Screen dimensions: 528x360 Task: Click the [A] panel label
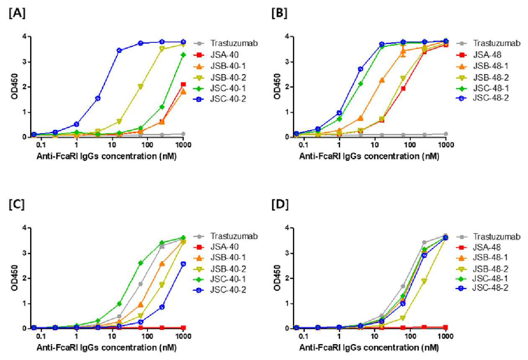click(17, 13)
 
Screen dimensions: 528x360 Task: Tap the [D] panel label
click(280, 205)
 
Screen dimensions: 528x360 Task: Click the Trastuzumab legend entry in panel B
click(488, 44)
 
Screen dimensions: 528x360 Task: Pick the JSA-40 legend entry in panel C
click(216, 247)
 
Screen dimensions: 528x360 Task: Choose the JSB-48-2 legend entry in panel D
click(482, 269)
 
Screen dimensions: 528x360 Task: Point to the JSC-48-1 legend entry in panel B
click(482, 88)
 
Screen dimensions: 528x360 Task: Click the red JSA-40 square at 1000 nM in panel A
click(183, 84)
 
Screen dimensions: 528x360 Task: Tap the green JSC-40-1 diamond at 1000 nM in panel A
click(183, 55)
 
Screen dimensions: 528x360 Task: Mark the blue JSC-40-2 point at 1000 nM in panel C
click(183, 264)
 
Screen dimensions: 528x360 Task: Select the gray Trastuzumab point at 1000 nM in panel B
click(446, 134)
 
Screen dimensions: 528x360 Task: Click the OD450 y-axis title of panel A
click(14, 86)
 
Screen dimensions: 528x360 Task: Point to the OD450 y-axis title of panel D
click(277, 278)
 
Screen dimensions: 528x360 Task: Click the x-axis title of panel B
click(369, 156)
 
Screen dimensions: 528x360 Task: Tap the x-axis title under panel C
click(106, 348)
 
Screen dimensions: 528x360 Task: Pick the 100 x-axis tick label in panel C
click(148, 336)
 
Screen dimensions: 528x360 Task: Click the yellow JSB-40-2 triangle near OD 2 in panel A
click(140, 87)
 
